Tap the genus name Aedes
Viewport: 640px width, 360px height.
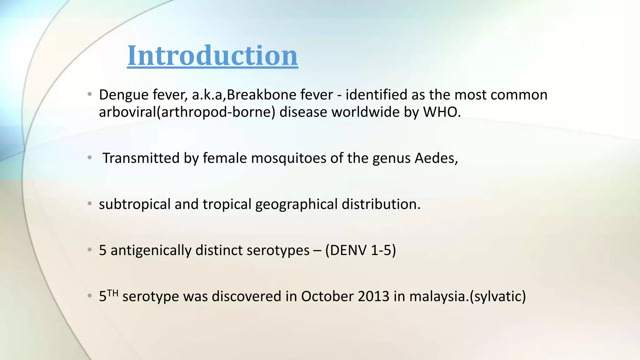coord(436,158)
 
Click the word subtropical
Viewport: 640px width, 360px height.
coord(134,204)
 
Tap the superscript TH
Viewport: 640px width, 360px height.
coord(113,293)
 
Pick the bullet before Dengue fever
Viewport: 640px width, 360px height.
coord(90,94)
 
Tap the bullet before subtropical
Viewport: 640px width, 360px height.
coord(90,204)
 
